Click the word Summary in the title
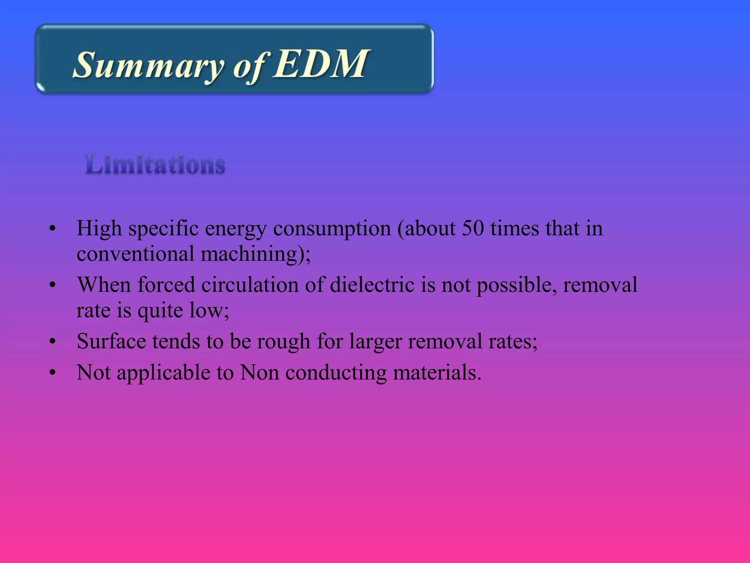click(x=148, y=66)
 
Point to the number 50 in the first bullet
click(x=473, y=228)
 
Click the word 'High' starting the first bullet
click(x=99, y=228)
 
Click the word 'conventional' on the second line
click(x=135, y=254)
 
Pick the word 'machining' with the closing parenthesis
click(x=255, y=254)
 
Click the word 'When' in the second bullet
click(x=104, y=284)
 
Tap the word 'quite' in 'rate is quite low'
click(x=160, y=311)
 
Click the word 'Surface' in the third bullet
click(x=111, y=341)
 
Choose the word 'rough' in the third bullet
click(x=283, y=342)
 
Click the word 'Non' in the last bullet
click(x=259, y=372)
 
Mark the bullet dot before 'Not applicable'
click(x=53, y=373)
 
